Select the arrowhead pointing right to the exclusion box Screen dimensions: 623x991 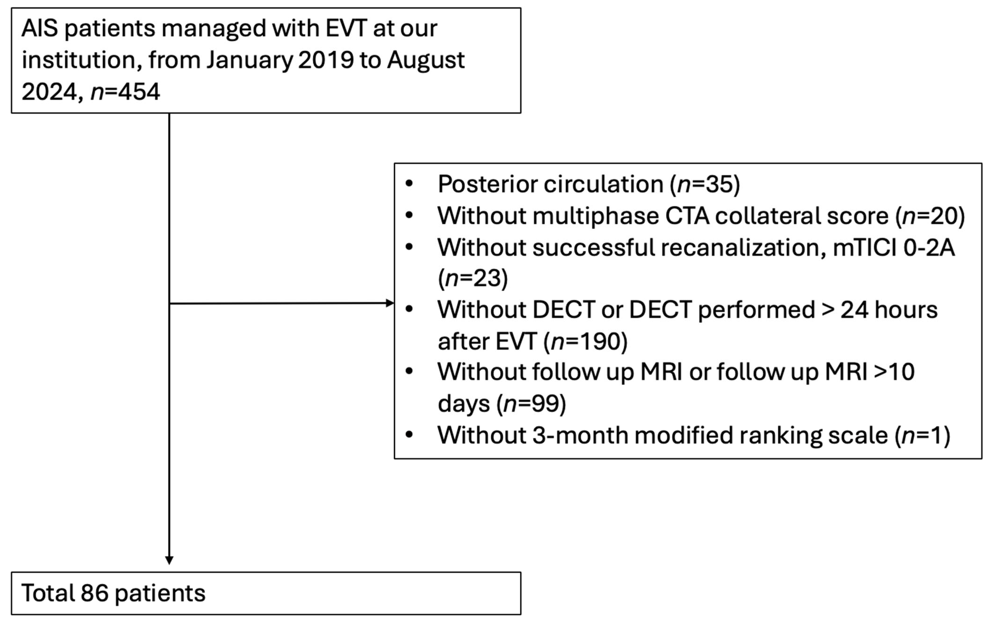(389, 303)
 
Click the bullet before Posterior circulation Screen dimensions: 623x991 (409, 184)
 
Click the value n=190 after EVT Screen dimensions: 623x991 (585, 342)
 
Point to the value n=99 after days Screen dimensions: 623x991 (531, 404)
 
